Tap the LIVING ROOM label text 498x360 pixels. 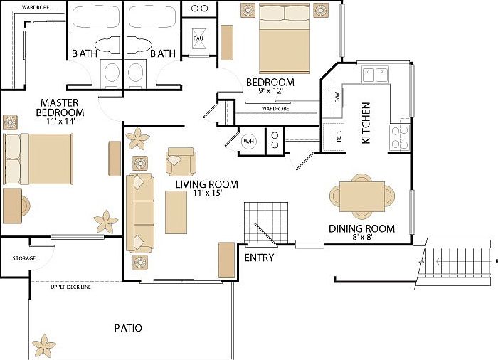(207, 184)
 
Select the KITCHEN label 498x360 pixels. (366, 123)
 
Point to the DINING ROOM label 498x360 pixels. (361, 228)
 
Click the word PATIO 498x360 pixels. (128, 328)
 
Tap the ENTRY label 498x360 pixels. (259, 258)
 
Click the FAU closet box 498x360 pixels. (198, 38)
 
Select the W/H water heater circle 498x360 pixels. (249, 140)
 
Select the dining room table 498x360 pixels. (361, 194)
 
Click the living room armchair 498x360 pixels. (179, 161)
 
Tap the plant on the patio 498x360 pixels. (44, 346)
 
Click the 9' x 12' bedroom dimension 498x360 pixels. (270, 91)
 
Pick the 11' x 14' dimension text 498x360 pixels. (59, 121)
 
